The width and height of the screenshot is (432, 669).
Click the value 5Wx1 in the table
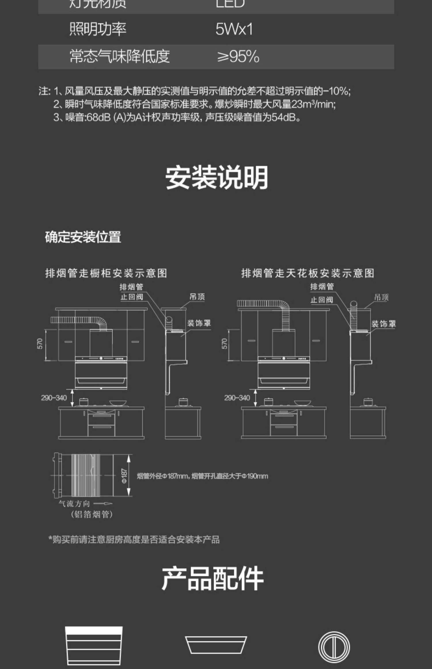click(x=234, y=29)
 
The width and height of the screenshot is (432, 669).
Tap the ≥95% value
click(x=238, y=56)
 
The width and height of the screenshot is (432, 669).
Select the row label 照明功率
click(x=98, y=29)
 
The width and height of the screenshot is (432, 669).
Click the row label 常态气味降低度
click(x=120, y=56)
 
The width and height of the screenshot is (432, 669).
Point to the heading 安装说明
click(x=217, y=177)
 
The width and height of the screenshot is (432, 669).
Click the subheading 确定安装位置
click(x=83, y=237)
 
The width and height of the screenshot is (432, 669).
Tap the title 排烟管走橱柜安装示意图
click(x=106, y=273)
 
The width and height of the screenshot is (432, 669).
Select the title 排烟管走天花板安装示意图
click(x=308, y=273)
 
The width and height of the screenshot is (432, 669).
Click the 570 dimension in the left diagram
click(x=40, y=344)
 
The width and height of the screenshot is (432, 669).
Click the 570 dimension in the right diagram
click(x=224, y=344)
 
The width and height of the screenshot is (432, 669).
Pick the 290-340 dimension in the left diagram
click(x=54, y=398)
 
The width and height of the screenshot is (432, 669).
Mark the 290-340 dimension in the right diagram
click(x=237, y=398)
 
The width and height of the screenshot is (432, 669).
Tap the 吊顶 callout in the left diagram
click(x=197, y=297)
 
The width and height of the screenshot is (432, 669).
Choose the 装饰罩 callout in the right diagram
click(x=383, y=324)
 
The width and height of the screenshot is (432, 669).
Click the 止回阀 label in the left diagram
click(x=132, y=297)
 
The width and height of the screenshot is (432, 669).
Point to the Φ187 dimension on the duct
click(x=124, y=476)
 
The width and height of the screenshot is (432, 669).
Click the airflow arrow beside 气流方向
click(x=103, y=504)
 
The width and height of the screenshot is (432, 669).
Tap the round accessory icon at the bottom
click(x=334, y=647)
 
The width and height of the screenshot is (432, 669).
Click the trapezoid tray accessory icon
click(x=216, y=645)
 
